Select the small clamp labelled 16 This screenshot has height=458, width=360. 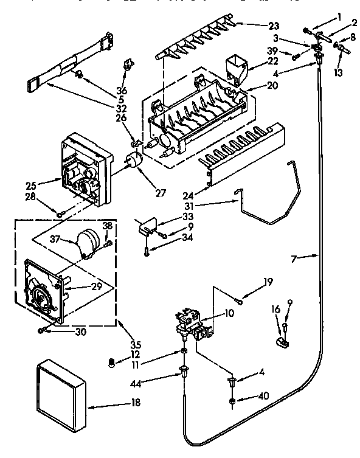283,344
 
